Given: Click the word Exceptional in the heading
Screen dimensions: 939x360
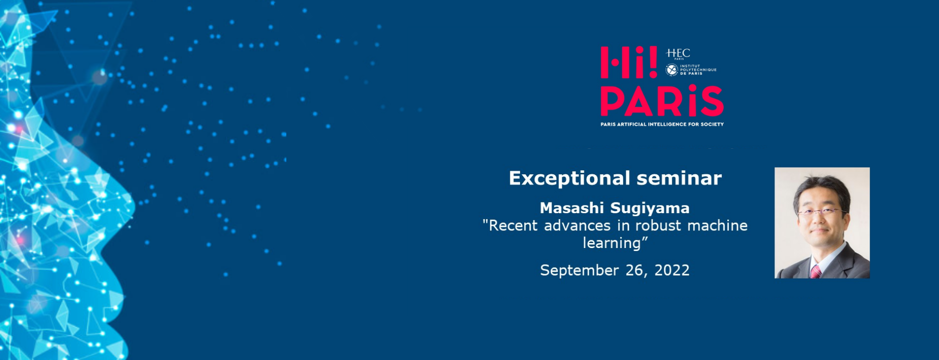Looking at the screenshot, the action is (569, 178).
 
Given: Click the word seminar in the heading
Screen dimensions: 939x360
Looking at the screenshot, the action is (679, 178).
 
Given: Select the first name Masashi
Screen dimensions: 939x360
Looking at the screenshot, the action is (572, 208).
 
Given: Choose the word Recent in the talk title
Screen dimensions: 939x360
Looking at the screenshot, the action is (513, 225).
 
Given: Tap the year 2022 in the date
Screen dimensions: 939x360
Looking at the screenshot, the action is (672, 270).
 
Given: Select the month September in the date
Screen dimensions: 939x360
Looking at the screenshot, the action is (580, 271).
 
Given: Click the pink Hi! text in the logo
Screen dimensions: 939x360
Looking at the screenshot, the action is (629, 62).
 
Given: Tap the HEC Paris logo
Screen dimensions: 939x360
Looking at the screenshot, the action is (678, 54).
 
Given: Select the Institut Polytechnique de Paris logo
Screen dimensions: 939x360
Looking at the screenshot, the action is (691, 70).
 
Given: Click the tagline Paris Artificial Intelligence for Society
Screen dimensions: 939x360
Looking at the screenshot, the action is (662, 124).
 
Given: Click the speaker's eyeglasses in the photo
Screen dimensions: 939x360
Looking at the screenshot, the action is (821, 212).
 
